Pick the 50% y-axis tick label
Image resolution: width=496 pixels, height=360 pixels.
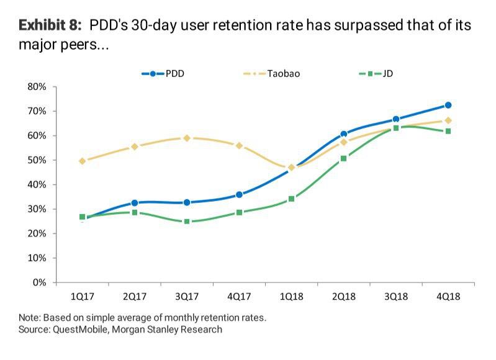point(37,160)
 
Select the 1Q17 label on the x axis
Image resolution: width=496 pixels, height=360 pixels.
point(82,296)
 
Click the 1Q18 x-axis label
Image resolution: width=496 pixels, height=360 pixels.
point(291,296)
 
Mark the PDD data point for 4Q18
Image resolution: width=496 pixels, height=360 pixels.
point(448,106)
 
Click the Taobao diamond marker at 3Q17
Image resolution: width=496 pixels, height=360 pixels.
point(186,138)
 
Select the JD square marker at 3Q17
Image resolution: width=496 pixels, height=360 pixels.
point(186,222)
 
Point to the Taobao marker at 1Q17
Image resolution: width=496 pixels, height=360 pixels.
point(82,161)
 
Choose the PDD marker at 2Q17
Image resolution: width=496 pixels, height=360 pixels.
point(134,203)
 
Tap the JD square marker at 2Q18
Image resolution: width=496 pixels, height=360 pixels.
point(343,158)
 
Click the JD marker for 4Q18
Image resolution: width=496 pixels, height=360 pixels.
point(448,131)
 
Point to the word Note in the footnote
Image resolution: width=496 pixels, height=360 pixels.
point(30,317)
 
